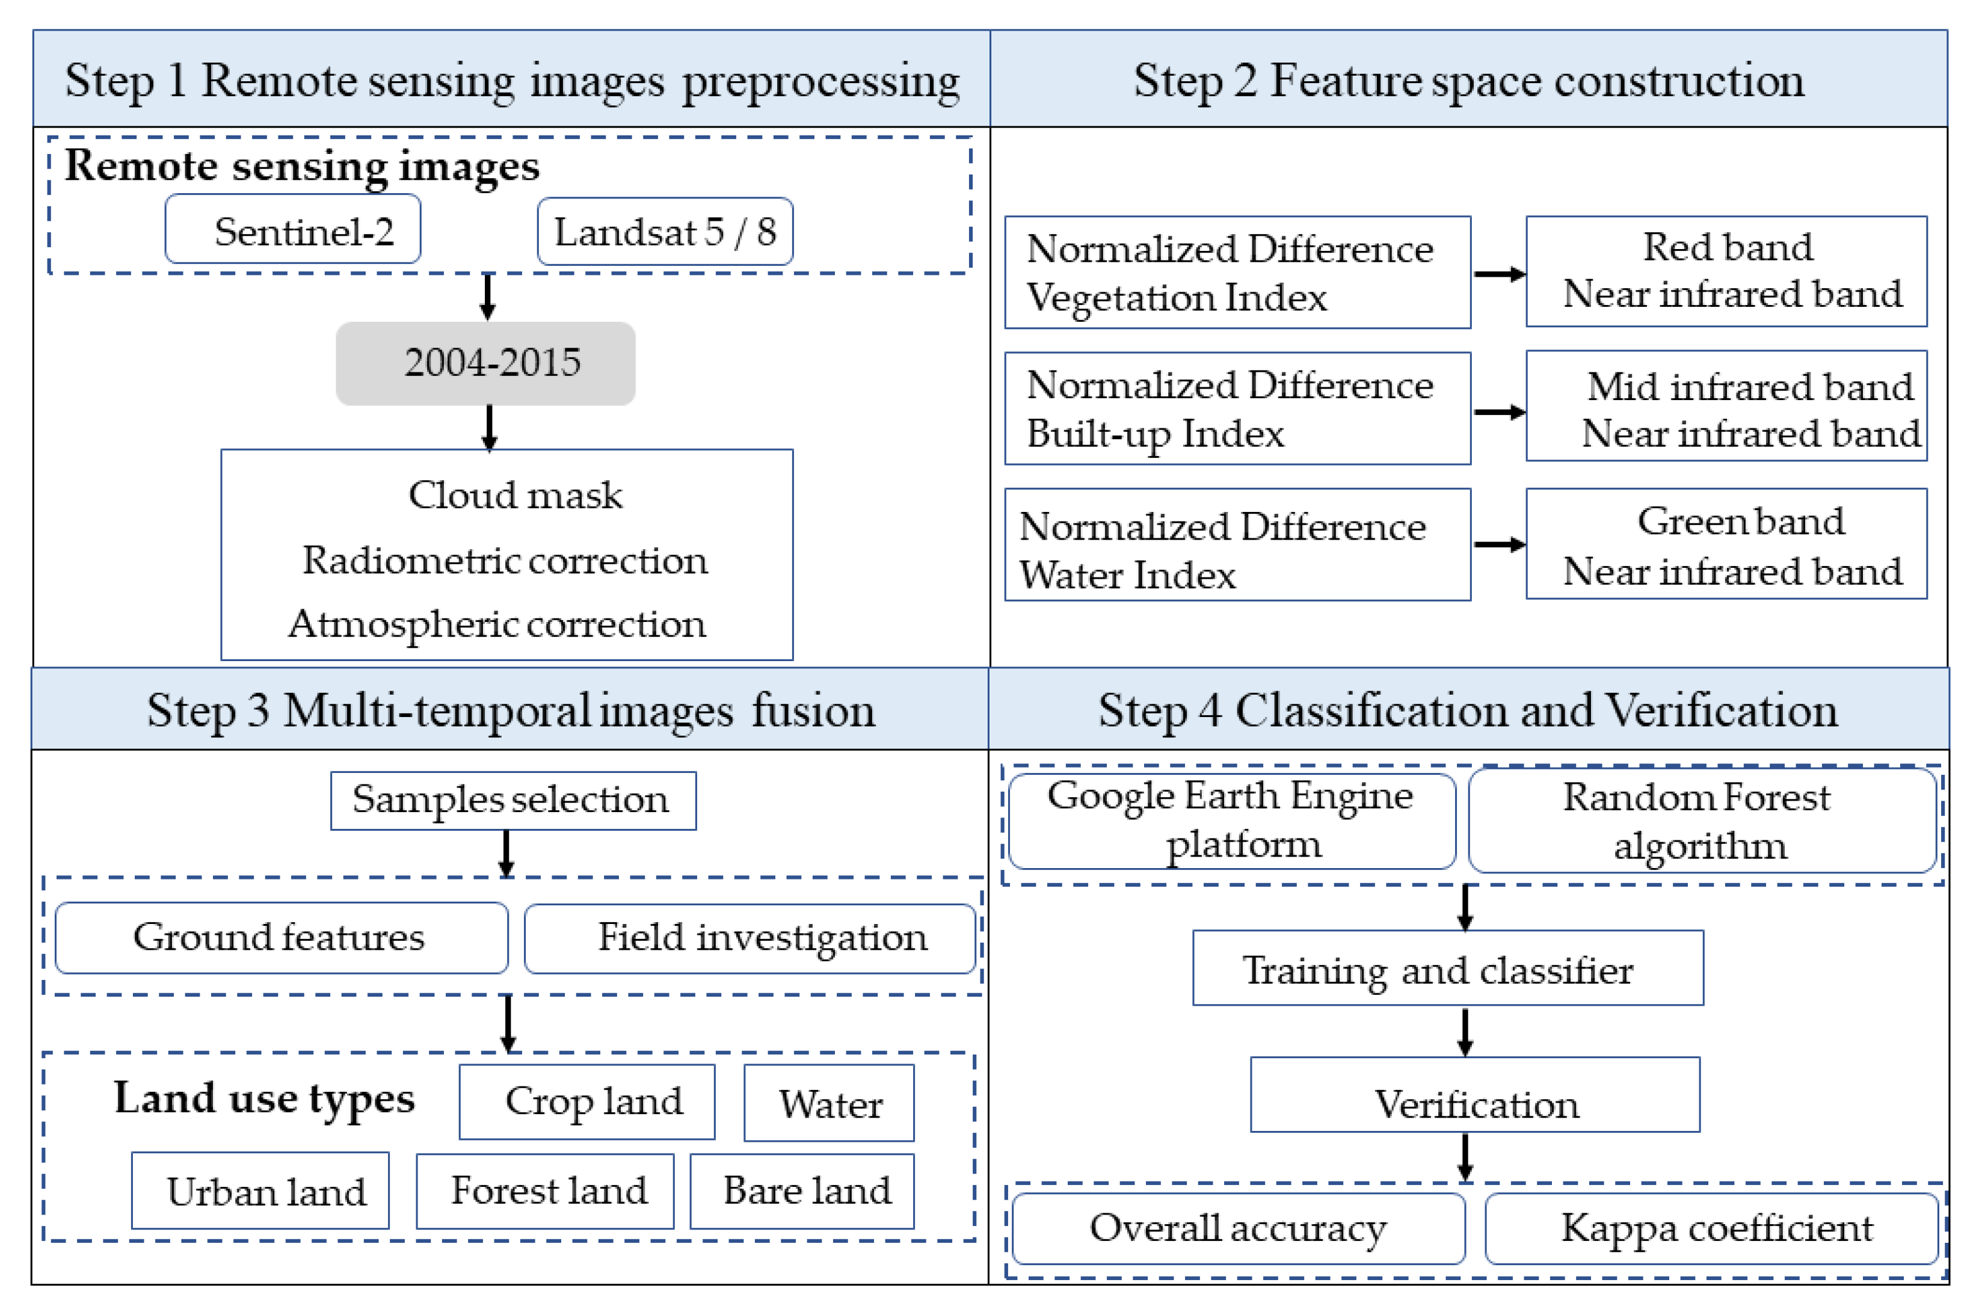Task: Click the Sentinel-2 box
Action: coord(292,230)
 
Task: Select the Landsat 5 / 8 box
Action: coord(664,232)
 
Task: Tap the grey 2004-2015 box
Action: coord(485,363)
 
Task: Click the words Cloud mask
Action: coord(515,495)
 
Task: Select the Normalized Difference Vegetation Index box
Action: coord(1237,273)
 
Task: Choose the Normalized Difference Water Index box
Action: coord(1237,545)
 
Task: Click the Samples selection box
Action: coord(512,801)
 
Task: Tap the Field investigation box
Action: coord(749,938)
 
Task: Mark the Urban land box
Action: coord(260,1191)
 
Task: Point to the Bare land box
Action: coord(802,1191)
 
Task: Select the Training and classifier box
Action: coord(1447,968)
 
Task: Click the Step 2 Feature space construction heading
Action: coord(1467,81)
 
